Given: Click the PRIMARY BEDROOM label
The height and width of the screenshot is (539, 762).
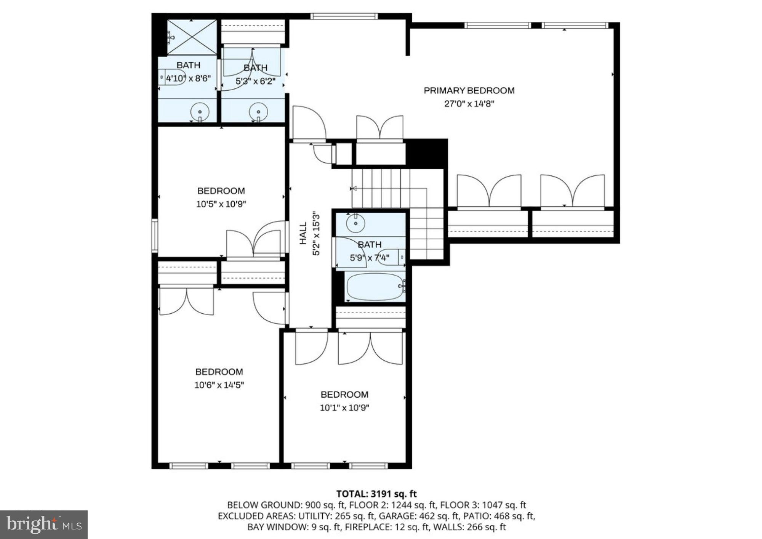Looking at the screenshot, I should coord(469,91).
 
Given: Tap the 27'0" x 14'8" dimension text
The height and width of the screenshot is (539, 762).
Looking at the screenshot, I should coord(469,104).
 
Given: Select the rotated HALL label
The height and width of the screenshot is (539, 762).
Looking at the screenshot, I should coord(303,233).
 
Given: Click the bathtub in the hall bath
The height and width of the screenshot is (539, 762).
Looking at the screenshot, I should coord(375,287).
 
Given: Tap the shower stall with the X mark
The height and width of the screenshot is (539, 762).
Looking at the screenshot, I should coord(192,37).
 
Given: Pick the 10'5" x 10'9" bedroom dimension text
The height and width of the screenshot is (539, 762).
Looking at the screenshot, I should coord(221,204).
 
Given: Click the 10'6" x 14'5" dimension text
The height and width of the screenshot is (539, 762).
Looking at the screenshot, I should coord(219,385).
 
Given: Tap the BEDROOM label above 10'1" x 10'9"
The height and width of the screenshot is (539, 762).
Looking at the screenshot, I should coord(344,395).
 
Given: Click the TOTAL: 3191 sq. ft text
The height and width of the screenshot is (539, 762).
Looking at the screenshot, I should coord(376,494).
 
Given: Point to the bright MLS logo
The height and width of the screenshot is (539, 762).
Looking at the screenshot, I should coord(44,525).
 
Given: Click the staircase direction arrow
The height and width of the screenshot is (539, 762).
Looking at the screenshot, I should coord(353,188).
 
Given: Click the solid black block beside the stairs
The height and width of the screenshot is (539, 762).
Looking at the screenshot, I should coord(426,153).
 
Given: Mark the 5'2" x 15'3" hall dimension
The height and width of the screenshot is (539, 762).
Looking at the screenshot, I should coord(316,233).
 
